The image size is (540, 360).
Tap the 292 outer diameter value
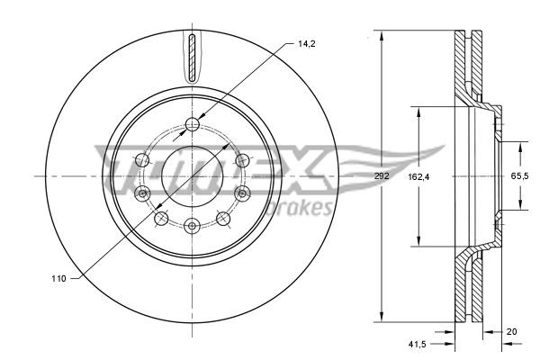point(382,177)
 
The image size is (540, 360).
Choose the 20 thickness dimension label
point(513,331)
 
